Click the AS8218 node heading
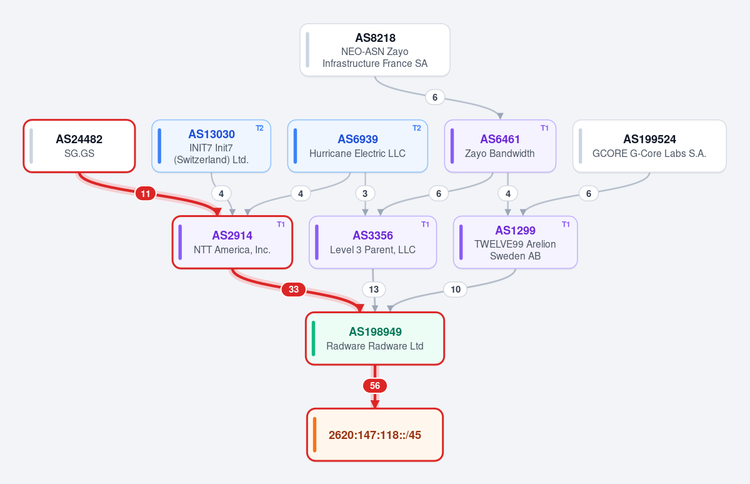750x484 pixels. pyautogui.click(x=375, y=38)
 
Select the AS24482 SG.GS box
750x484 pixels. pyautogui.click(x=79, y=146)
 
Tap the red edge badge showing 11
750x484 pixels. pyautogui.click(x=145, y=194)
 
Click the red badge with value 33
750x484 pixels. pyautogui.click(x=294, y=290)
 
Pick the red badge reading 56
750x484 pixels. pyautogui.click(x=375, y=386)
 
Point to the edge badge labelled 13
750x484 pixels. pyautogui.click(x=374, y=290)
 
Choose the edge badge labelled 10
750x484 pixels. pyautogui.click(x=456, y=290)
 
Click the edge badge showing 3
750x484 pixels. pyautogui.click(x=365, y=194)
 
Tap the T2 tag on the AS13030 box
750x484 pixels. pyautogui.click(x=259, y=128)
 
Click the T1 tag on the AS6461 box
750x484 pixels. pyautogui.click(x=544, y=128)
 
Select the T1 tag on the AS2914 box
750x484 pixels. pyautogui.click(x=281, y=224)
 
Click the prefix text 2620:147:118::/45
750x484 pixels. pyautogui.click(x=374, y=435)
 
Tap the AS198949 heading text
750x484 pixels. pyautogui.click(x=375, y=331)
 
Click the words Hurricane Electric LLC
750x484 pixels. pyautogui.click(x=357, y=153)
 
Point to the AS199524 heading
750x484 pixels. pyautogui.click(x=649, y=139)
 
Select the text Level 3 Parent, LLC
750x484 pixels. pyautogui.click(x=372, y=250)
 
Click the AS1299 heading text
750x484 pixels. pyautogui.click(x=515, y=231)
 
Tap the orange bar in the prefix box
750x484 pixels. pyautogui.click(x=314, y=435)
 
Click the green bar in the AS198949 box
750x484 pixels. pyautogui.click(x=313, y=338)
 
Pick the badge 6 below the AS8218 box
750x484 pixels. pyautogui.click(x=435, y=98)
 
